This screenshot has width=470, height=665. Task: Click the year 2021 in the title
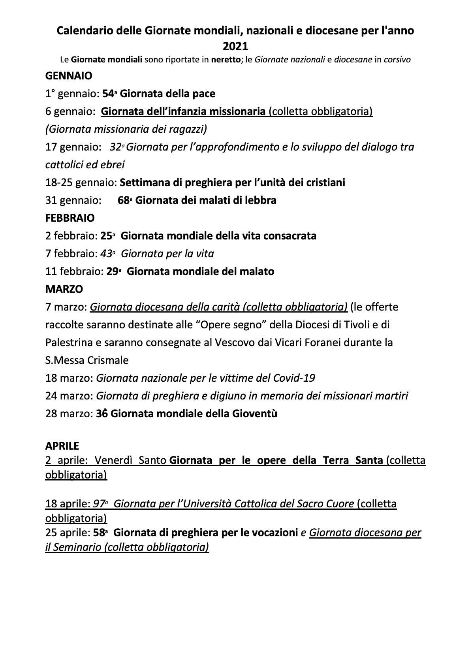pyautogui.click(x=235, y=47)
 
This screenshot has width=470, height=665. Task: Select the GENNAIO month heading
pyautogui.click(x=69, y=75)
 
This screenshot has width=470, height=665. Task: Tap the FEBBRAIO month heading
pyautogui.click(x=70, y=218)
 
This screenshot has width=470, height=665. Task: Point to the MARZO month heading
pyautogui.click(x=64, y=289)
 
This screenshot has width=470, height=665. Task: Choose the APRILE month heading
pyautogui.click(x=62, y=446)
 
